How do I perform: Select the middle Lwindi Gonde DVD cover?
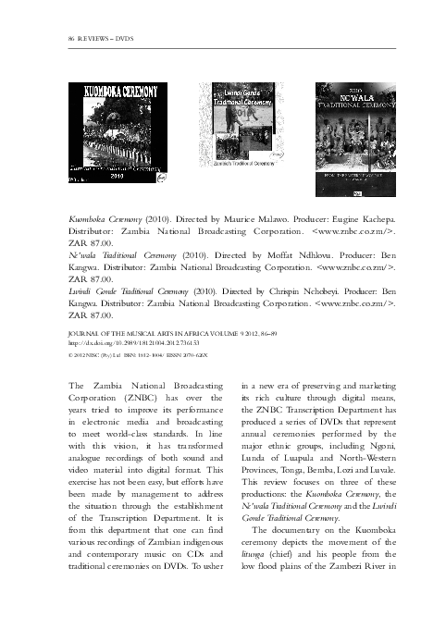click(237, 124)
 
